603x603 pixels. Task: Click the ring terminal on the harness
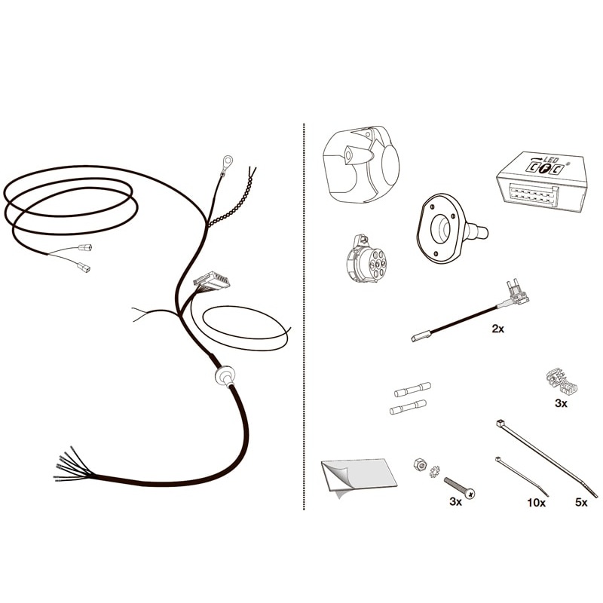227,161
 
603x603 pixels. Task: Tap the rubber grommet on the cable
225,375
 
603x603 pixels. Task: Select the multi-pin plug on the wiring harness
213,280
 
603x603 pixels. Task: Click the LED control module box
542,182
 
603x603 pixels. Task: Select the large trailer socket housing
361,163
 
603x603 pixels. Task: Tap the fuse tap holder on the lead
516,293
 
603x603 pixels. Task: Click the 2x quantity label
497,329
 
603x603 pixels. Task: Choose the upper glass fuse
412,389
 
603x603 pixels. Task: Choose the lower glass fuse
408,407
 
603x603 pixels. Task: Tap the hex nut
420,464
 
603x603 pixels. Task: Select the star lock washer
435,472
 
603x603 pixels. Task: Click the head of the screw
470,493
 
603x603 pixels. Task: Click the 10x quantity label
536,502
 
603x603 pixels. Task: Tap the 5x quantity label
581,502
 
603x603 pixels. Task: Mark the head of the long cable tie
500,424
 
